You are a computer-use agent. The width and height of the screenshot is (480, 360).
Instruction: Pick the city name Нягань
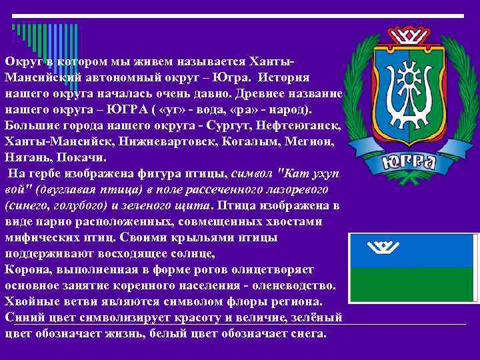[27, 159]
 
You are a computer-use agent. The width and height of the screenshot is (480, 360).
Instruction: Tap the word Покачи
[79, 159]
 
